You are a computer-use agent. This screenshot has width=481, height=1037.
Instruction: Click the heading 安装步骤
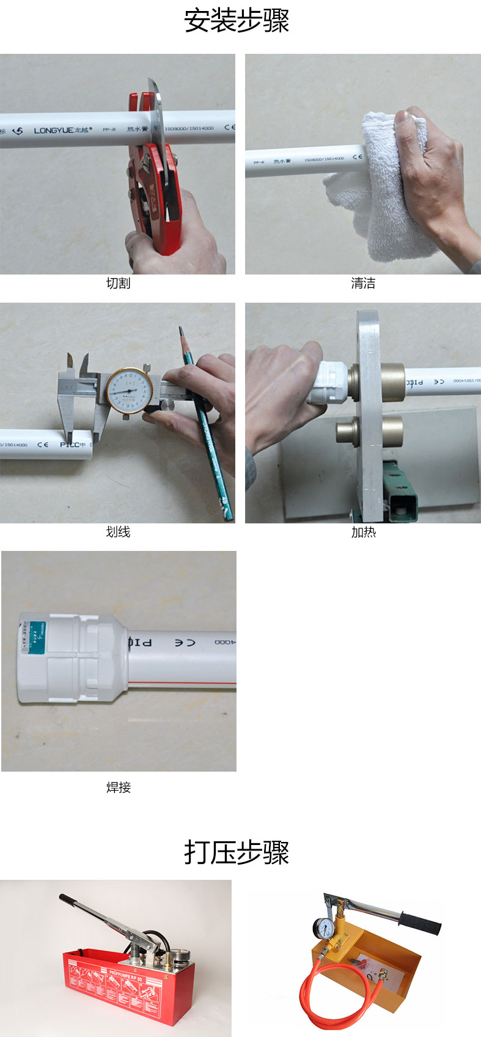[x=237, y=21]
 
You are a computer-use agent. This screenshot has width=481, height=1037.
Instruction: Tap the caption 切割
[x=118, y=283]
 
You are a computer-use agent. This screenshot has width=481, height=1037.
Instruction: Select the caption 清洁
[x=363, y=283]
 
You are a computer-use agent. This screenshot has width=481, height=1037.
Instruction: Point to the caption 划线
[x=118, y=532]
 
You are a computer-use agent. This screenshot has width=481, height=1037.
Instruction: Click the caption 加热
[x=363, y=532]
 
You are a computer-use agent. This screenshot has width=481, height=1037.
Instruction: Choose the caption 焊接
[x=119, y=787]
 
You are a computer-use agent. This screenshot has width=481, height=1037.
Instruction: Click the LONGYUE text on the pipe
[x=53, y=130]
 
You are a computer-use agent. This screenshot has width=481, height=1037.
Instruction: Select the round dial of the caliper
[x=129, y=389]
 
